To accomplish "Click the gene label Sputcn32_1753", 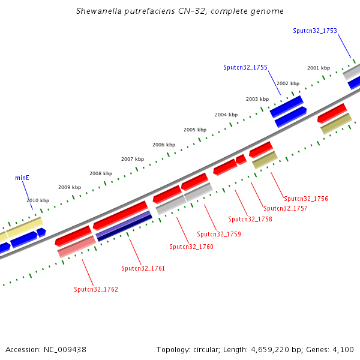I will (x=314, y=31).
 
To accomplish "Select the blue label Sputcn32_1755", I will (x=245, y=68).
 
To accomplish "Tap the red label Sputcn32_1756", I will (x=306, y=199).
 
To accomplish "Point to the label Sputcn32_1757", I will (x=286, y=209).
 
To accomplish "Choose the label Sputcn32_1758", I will (x=250, y=219).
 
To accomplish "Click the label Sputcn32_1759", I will (x=219, y=234).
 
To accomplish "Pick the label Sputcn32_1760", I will (x=191, y=247).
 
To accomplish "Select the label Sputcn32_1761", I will (x=143, y=268).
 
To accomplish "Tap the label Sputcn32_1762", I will (x=96, y=289).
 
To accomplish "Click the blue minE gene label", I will (x=22, y=178).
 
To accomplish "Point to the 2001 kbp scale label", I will (x=318, y=68).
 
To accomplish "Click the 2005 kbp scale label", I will (x=195, y=130).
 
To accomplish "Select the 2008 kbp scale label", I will (x=101, y=173).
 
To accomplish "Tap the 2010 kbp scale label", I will (x=38, y=200).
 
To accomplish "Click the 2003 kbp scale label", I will (x=257, y=99).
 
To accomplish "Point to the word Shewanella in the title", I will (x=99, y=11).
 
